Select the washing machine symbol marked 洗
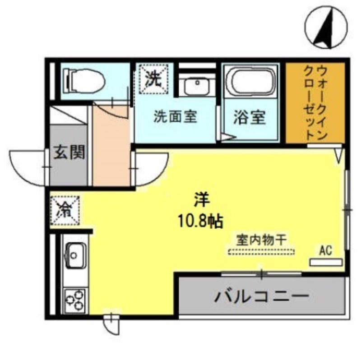click(x=153, y=79)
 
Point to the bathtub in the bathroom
click(x=252, y=83)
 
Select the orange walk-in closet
click(x=315, y=103)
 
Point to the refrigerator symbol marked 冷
click(x=65, y=209)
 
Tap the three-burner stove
click(x=75, y=299)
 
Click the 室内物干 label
click(x=261, y=240)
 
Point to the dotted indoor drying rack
click(x=261, y=251)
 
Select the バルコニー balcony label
click(x=262, y=296)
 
